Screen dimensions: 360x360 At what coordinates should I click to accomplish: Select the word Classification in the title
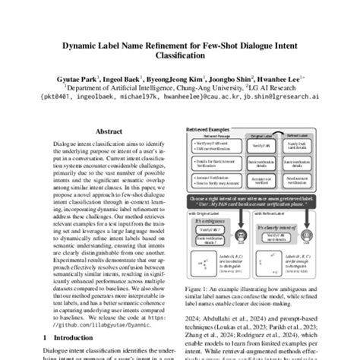[x=179, y=55]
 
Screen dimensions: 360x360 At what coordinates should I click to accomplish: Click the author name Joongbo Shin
[x=229, y=77]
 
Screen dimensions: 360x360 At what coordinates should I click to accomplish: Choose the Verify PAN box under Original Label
[x=257, y=145]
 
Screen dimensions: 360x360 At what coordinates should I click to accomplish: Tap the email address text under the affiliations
[x=179, y=97]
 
